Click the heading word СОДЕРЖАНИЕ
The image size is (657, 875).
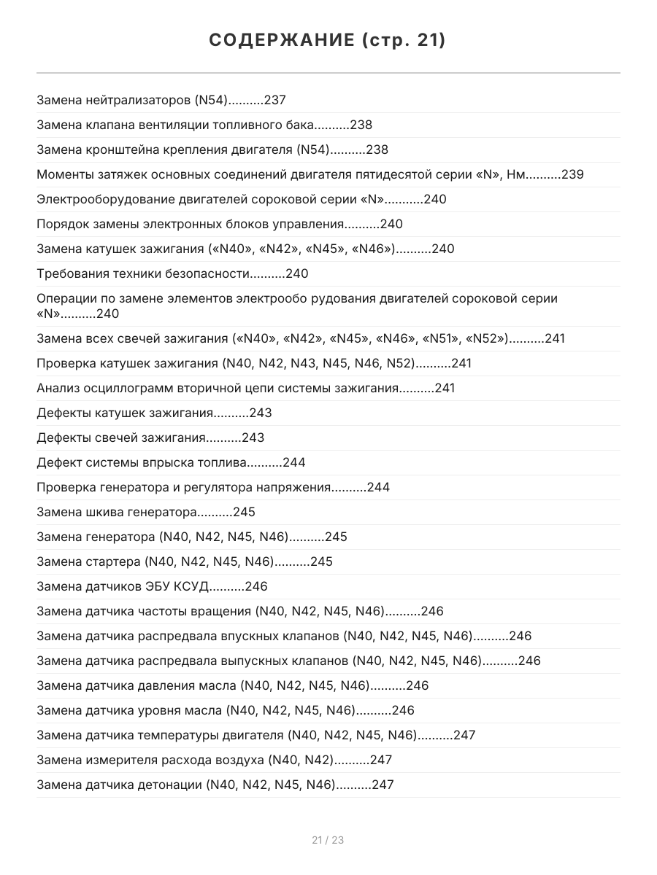(x=281, y=41)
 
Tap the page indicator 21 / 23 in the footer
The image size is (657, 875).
(x=328, y=840)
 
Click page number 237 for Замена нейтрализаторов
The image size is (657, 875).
(x=274, y=101)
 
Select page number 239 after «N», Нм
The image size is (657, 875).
(x=572, y=175)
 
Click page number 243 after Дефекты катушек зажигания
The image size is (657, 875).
(x=261, y=413)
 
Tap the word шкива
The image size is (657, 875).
(x=96, y=513)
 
